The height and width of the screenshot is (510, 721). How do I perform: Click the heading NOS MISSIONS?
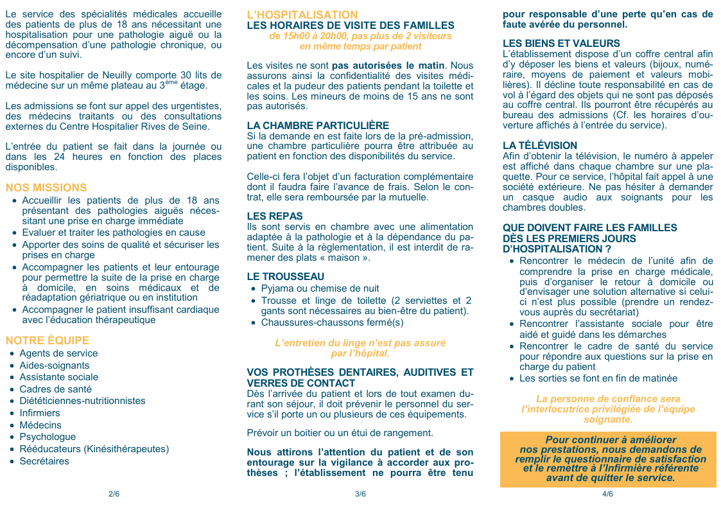point(46,188)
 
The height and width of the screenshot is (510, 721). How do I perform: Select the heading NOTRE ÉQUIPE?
point(47,340)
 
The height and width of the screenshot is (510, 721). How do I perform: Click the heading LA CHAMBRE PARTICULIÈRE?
point(318,126)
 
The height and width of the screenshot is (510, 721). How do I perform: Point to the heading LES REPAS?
point(275,216)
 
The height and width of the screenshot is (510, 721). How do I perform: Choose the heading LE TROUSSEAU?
point(286,277)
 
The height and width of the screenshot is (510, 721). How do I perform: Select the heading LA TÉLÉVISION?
point(540,146)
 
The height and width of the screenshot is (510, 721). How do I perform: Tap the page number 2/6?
point(114,494)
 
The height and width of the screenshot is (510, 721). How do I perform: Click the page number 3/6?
point(360,494)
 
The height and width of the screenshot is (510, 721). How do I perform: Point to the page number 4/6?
point(607,494)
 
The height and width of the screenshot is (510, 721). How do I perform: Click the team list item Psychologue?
point(48,437)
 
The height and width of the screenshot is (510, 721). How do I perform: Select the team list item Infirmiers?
point(40,413)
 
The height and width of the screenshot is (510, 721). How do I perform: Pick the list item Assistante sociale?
point(59,377)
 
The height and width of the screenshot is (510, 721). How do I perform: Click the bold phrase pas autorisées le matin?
point(388,66)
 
